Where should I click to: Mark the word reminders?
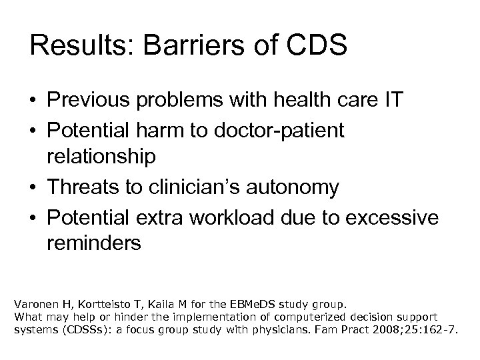(94, 244)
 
